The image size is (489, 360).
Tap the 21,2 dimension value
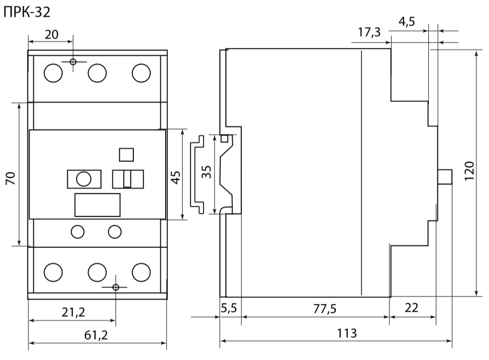pyautogui.click(x=72, y=312)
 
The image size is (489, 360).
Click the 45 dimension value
pyautogui.click(x=176, y=175)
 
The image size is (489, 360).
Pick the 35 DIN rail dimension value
pyautogui.click(x=207, y=172)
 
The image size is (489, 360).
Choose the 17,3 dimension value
pyautogui.click(x=369, y=33)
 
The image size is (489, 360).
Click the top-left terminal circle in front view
pyautogui.click(x=53, y=74)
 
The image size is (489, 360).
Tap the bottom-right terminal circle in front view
pyautogui.click(x=141, y=271)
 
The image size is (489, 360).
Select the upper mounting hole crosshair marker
pyautogui.click(x=73, y=62)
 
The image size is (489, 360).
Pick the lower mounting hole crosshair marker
pyautogui.click(x=116, y=287)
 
